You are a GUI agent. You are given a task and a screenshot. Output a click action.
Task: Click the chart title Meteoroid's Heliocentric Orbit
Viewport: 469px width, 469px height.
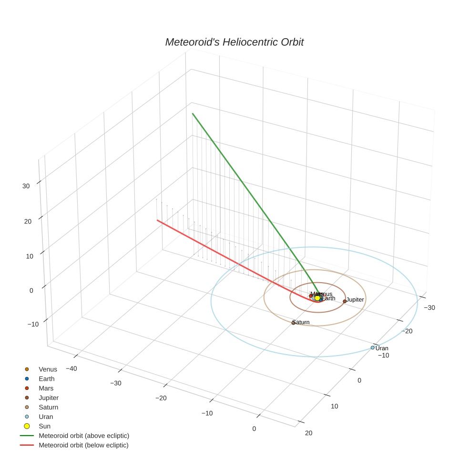coord(234,42)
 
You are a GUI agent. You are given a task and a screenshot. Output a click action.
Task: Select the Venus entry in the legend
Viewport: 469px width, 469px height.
coord(48,369)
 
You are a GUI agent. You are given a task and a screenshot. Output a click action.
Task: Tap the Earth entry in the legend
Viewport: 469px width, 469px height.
coord(46,379)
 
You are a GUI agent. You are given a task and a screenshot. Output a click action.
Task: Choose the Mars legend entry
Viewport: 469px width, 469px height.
coord(46,388)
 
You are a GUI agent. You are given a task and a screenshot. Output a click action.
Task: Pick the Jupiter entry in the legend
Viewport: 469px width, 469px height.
coord(49,398)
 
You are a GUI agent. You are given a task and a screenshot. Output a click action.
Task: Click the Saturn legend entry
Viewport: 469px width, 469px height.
coord(48,407)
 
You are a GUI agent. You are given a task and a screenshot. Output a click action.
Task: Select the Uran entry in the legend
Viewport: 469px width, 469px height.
coord(46,417)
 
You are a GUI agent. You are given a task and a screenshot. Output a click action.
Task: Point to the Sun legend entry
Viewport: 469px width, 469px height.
coord(44,426)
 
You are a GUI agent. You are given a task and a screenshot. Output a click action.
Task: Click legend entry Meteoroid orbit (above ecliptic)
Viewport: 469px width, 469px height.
coord(84,436)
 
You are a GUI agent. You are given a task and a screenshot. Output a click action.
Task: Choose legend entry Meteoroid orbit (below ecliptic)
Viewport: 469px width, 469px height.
coord(83,445)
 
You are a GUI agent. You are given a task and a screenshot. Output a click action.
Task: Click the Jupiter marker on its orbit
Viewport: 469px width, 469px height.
coord(345,301)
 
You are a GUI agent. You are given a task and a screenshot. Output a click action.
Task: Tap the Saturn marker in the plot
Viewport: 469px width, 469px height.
coord(293,323)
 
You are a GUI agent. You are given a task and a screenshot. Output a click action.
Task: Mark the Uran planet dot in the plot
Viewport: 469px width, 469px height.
coord(373,348)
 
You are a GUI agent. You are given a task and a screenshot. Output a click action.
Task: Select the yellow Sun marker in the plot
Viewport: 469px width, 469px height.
coord(317,298)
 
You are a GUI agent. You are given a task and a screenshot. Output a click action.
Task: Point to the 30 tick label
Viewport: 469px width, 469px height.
coord(26,186)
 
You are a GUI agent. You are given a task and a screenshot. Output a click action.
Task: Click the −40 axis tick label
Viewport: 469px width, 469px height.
coord(71,368)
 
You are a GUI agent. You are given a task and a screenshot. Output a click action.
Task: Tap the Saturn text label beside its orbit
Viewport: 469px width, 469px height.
coord(301,322)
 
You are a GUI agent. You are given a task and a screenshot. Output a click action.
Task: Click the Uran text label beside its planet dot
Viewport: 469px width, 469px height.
coord(382,348)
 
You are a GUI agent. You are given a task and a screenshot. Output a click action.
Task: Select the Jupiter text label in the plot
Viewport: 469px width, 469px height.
coord(356,299)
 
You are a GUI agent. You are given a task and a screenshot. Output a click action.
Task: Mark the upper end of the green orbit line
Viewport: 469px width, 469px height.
coord(192,113)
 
